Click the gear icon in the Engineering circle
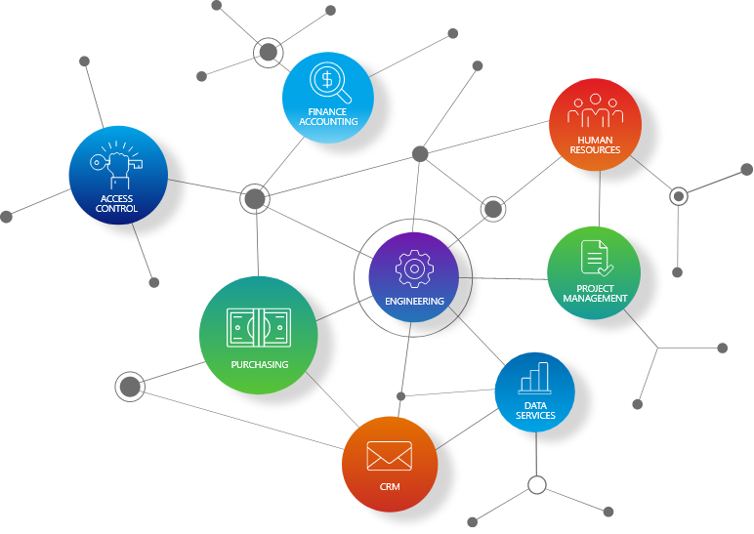coord(414,268)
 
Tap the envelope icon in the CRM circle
coord(390,456)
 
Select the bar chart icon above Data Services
coord(534,378)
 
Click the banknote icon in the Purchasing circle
coord(259,328)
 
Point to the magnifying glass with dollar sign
coord(330,83)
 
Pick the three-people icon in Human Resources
coord(596,110)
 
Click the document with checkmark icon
coord(597,258)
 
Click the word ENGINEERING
coord(414,302)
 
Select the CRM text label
coord(390,487)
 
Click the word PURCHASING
coord(260,365)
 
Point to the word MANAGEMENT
coord(595,299)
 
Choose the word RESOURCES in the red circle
coord(596,150)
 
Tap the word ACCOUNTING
coord(328,122)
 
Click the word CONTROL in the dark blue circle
coord(116,209)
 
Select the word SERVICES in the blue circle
coord(535,415)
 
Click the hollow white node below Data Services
coord(536,485)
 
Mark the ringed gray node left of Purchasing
coord(130,387)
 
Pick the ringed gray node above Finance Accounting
coord(269,52)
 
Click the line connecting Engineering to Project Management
coord(503,278)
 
